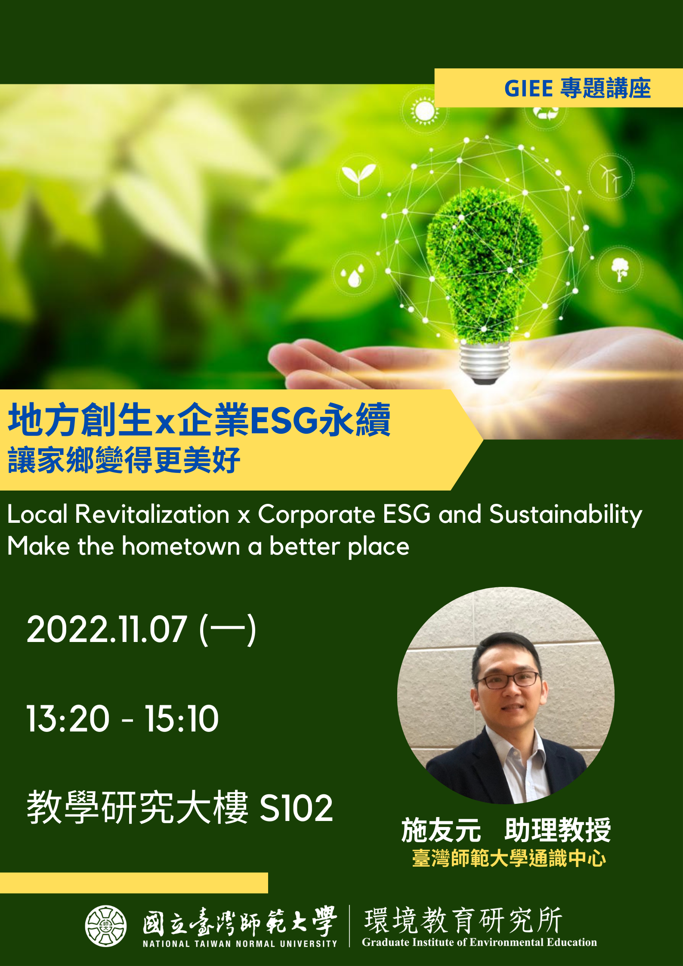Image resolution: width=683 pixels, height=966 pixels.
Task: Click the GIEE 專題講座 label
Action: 577,88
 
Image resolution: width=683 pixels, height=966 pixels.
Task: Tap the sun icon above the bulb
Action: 424,110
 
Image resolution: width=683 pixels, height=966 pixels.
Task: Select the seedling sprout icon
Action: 358,178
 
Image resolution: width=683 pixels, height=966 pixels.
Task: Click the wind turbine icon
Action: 611,178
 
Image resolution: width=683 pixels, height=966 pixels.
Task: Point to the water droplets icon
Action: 353,276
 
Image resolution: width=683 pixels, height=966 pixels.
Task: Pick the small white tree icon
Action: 620,269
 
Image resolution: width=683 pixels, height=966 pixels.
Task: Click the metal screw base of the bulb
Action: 485,361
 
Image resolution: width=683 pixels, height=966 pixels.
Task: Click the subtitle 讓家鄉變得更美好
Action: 124,460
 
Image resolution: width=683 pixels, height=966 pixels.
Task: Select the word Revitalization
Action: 152,514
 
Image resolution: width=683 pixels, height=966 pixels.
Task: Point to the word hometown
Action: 181,546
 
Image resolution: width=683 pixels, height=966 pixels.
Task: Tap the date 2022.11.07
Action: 107,629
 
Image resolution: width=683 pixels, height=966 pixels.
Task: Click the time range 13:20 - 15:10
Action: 123,718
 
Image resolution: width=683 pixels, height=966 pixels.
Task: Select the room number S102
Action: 297,808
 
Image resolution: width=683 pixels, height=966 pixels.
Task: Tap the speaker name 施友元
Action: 441,830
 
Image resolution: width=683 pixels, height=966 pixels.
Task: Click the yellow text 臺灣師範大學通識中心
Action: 509,858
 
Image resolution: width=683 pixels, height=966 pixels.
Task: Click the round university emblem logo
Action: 105,926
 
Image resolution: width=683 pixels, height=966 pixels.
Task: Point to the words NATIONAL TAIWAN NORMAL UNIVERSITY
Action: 240,944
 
